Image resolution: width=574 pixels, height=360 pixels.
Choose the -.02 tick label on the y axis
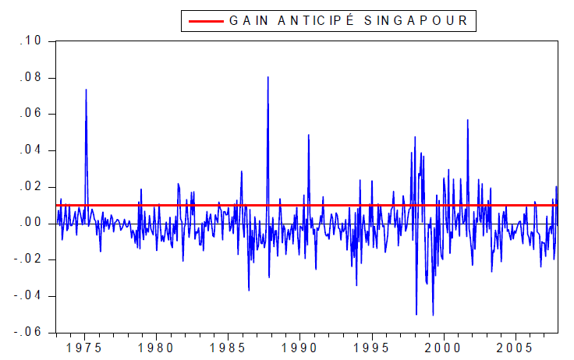coord(34,259)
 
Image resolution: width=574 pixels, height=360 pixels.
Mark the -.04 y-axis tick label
coord(34,296)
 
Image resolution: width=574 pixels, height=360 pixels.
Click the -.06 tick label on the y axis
coord(34,332)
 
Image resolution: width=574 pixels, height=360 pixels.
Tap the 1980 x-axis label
coord(156,346)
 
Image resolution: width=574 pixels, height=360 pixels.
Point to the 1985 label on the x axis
coord(229,346)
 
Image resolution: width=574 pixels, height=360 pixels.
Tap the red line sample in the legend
coord(204,21)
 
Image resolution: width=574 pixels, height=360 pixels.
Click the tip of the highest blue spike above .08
coord(268,76)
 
